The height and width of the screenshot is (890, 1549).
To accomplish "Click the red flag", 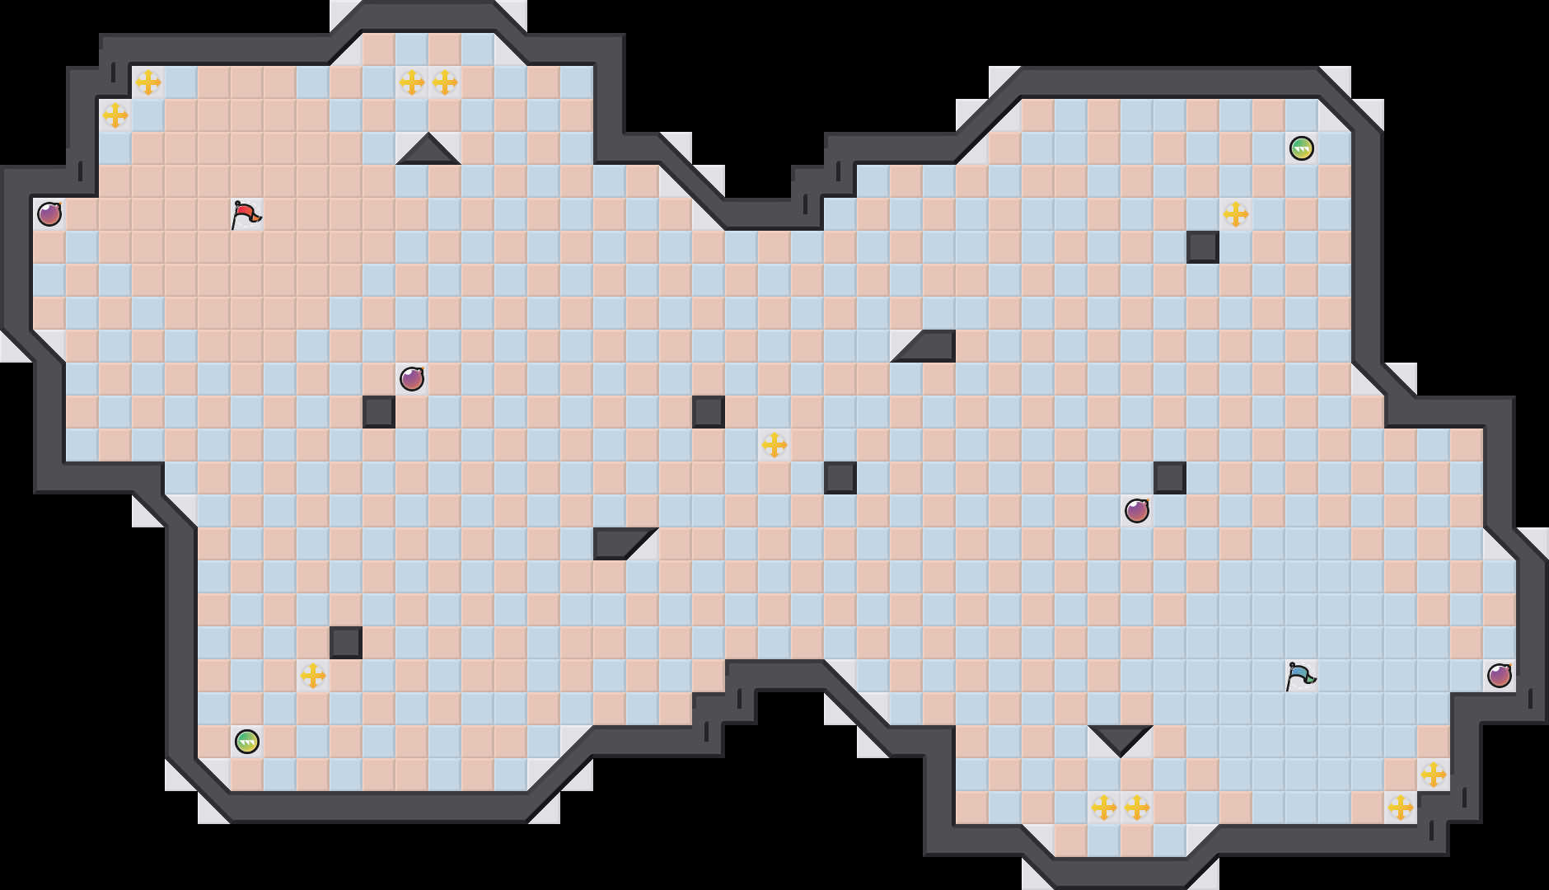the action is tap(246, 214).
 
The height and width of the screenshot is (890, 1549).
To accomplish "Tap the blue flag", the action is tap(1300, 676).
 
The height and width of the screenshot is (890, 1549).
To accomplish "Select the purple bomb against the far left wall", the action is tap(49, 214).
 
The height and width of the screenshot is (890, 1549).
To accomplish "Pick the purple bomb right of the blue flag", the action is tap(1500, 676).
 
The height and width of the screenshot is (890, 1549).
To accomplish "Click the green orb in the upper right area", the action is tap(1302, 148).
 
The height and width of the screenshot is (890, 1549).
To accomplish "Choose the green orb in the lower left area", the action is tap(247, 742).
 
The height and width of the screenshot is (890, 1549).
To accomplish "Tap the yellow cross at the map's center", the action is tap(774, 445).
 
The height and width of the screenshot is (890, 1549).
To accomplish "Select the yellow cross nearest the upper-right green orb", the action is tap(1236, 214).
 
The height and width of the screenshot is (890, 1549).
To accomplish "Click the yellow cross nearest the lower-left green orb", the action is tap(313, 676).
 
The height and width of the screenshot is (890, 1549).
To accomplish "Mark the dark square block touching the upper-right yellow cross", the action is tap(1203, 247).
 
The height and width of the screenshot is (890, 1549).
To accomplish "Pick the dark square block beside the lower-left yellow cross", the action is tap(346, 643).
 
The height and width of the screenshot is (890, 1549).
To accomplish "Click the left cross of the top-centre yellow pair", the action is tap(412, 82).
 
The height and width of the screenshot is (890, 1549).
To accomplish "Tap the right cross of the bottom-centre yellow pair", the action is tap(1137, 808).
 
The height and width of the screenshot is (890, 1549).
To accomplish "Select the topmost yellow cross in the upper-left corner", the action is tap(148, 82).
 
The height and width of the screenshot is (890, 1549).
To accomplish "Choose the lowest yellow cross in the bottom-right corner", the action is tap(1401, 808).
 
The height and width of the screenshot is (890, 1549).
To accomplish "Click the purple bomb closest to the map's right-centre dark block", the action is tap(1137, 511).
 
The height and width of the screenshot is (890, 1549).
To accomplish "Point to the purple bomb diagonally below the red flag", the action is tap(412, 379).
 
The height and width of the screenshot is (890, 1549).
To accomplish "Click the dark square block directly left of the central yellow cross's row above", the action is tap(709, 412).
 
